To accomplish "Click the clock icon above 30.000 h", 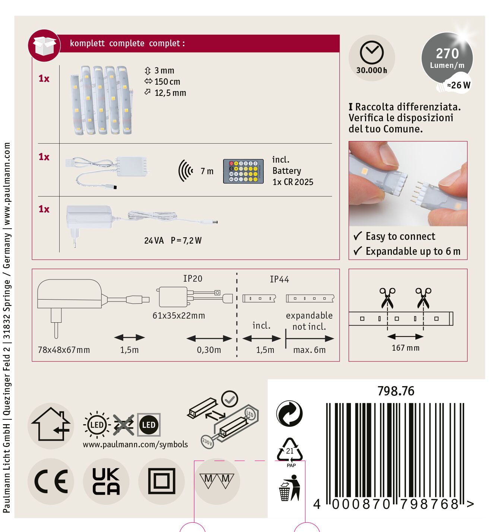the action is tap(371, 53).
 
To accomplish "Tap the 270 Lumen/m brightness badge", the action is tap(447, 58).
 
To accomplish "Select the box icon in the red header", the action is tap(44, 46).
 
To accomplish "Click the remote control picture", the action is tap(243, 172).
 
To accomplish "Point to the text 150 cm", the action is tap(167, 82).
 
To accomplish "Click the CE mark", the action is tap(51, 481).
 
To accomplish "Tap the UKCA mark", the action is tap(106, 481).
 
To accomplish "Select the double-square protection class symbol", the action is tap(162, 481).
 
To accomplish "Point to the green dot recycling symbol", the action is tap(289, 413).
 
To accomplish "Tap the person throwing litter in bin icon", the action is tap(289, 488).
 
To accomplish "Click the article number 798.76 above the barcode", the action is tap(396, 391).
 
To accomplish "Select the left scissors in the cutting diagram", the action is tap(387, 298).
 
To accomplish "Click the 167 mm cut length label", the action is tap(406, 348).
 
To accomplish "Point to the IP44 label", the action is tap(279, 279).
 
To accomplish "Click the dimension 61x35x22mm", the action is tap(179, 316).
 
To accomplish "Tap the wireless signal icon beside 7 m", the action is tap(186, 170).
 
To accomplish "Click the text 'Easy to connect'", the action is tap(400, 237).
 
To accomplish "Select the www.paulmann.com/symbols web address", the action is tap(135, 444).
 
